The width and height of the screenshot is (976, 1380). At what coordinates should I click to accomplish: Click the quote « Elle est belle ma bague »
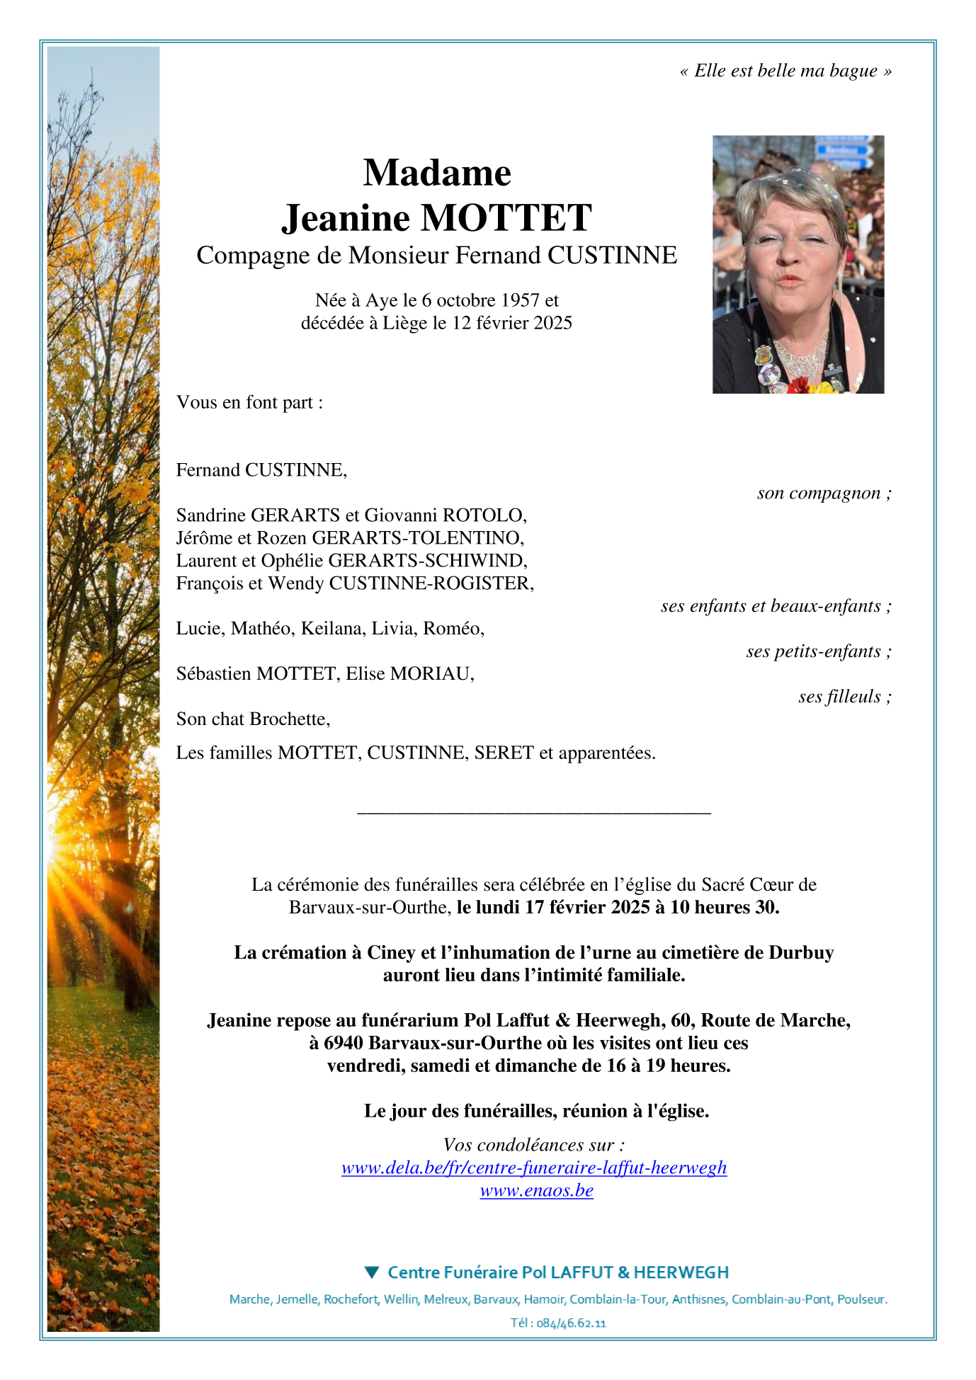(x=785, y=71)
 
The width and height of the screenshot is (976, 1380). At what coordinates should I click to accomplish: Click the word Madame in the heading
(x=437, y=173)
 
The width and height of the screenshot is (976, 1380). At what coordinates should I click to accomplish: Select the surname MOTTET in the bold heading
(x=506, y=217)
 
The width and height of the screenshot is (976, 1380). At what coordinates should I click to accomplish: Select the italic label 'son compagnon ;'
(x=824, y=493)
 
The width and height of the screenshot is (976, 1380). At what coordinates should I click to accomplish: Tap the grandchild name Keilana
(x=331, y=628)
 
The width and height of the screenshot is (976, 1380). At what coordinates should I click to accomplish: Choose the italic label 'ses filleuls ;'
(x=844, y=696)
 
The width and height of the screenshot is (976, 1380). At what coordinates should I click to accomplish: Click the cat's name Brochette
(x=289, y=719)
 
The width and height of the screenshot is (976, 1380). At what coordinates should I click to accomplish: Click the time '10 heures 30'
(x=725, y=907)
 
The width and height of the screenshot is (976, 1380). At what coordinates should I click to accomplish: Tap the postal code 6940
(x=344, y=1043)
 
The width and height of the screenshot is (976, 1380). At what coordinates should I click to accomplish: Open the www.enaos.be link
(x=536, y=1190)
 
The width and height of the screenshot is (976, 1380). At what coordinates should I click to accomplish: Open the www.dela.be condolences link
(x=534, y=1168)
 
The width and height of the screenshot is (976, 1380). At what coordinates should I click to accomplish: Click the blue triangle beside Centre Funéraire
(x=372, y=1272)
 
